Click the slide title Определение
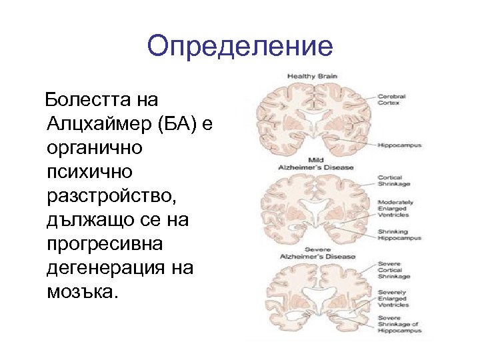click(239, 46)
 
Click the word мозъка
click(81, 292)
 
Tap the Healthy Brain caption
click(312, 77)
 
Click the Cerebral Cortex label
click(392, 100)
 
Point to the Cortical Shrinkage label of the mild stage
click(395, 181)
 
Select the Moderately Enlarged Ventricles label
click(396, 209)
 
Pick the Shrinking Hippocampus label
click(400, 235)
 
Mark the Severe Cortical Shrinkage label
click(395, 269)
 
